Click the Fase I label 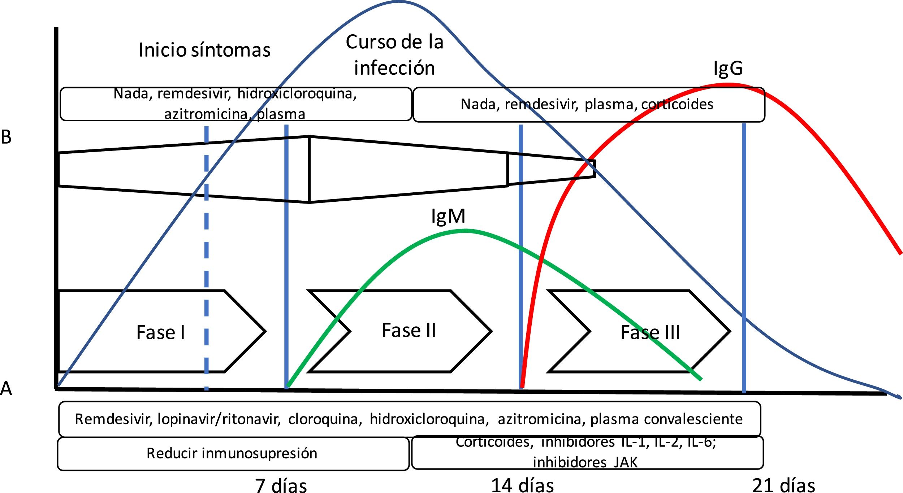pyautogui.click(x=161, y=332)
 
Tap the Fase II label pyautogui.click(x=409, y=331)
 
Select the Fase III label pyautogui.click(x=650, y=332)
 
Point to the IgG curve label pyautogui.click(x=727, y=68)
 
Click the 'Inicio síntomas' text pyautogui.click(x=204, y=50)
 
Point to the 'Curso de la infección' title pyautogui.click(x=394, y=55)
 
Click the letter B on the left pyautogui.click(x=6, y=138)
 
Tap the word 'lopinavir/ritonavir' pyautogui.click(x=219, y=419)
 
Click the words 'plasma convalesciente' pyautogui.click(x=666, y=419)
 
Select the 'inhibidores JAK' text pyautogui.click(x=585, y=462)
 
